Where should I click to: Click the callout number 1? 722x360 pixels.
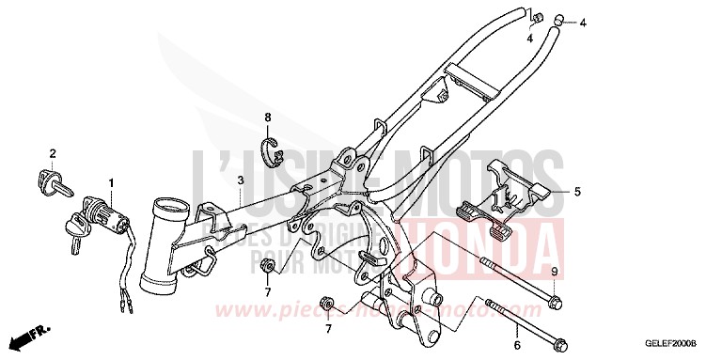tap(110, 181)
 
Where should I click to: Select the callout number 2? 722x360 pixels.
tap(53, 153)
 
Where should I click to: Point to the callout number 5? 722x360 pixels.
tap(577, 192)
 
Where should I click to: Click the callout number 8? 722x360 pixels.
tap(268, 117)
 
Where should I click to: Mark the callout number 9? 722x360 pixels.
tap(554, 272)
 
